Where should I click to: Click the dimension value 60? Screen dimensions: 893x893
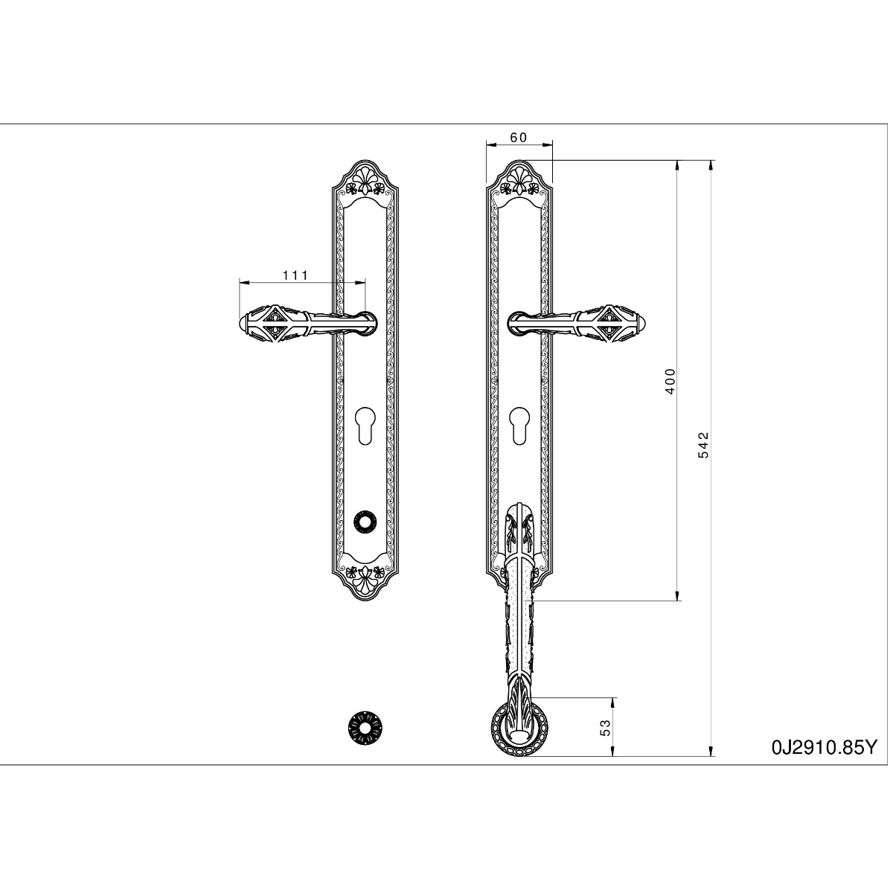point(518,138)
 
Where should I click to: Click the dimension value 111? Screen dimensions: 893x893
point(295,275)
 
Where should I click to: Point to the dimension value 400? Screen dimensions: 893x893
point(670,381)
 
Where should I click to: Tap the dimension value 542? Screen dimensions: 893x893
point(703,445)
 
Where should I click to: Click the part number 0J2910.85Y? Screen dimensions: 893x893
point(825,747)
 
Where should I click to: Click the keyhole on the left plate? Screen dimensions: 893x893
point(365,426)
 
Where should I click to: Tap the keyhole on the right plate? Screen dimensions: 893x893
point(519,426)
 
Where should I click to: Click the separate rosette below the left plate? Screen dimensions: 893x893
point(365,728)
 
